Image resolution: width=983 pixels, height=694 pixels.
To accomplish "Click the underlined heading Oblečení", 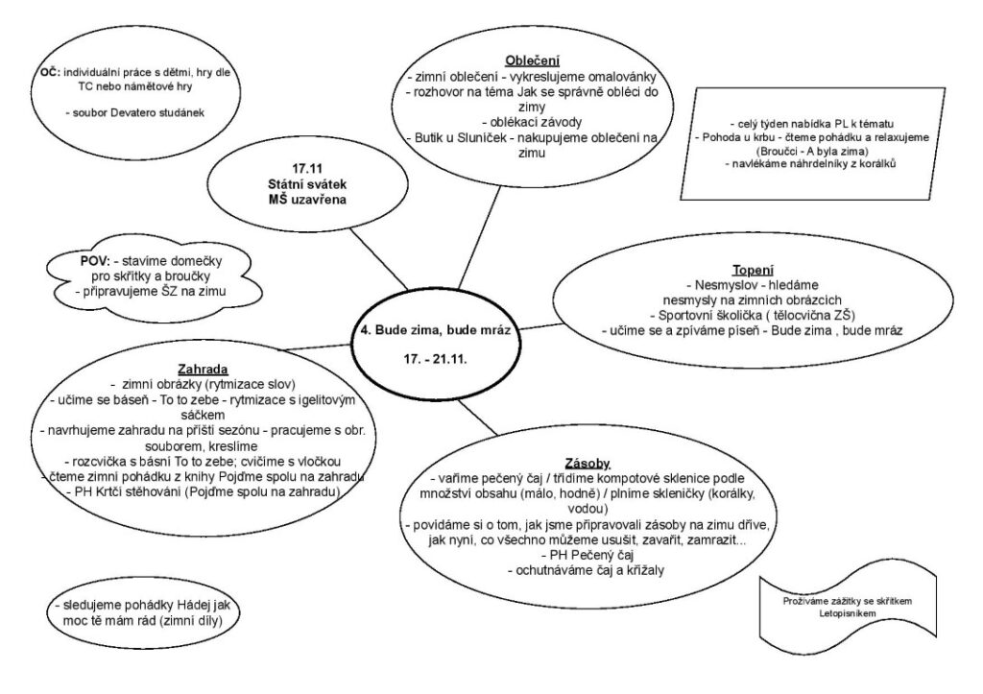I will point(533,60).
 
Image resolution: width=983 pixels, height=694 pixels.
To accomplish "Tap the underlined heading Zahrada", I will point(202,368).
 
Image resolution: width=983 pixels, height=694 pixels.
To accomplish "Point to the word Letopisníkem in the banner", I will point(847,610).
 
